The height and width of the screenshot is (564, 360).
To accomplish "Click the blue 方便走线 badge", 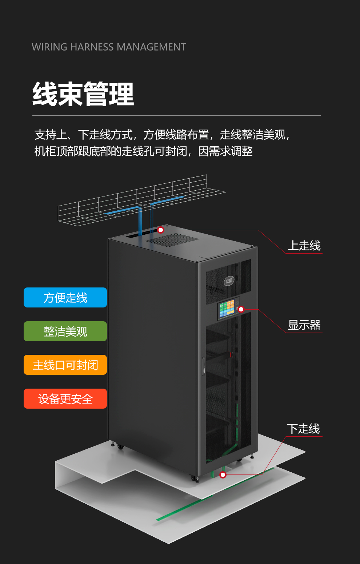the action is point(65,297).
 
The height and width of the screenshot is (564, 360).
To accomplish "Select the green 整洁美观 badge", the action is point(65,331).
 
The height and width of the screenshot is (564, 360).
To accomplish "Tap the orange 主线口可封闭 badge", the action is point(65,365).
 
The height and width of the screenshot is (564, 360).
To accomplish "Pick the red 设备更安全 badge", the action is point(65,398).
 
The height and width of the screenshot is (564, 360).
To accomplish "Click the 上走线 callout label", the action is point(304,246).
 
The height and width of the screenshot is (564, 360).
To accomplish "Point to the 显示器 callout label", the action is point(304,325).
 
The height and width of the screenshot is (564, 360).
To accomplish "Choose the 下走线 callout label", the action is point(304,429).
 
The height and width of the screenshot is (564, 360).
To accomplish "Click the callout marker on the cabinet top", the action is point(161,230).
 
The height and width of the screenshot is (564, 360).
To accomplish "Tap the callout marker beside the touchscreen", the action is point(241,309).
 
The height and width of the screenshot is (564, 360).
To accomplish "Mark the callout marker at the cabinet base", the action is point(223,475).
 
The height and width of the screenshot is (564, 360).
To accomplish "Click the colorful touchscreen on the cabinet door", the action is point(227,309).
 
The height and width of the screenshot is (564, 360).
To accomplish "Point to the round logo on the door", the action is point(229,281).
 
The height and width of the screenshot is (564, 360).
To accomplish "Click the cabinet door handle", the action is point(204,366).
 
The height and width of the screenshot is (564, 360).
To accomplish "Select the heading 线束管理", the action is point(83,94).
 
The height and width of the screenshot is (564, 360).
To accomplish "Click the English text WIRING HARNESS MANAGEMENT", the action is point(109,47).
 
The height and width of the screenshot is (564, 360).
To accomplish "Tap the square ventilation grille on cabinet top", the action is point(172,240).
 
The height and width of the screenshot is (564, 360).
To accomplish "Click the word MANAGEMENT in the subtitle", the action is point(151,47).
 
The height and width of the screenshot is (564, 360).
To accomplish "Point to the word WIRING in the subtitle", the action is point(49,47).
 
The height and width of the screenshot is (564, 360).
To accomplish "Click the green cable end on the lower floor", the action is point(159,519).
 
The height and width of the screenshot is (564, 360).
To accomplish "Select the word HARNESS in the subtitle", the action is point(92,47).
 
